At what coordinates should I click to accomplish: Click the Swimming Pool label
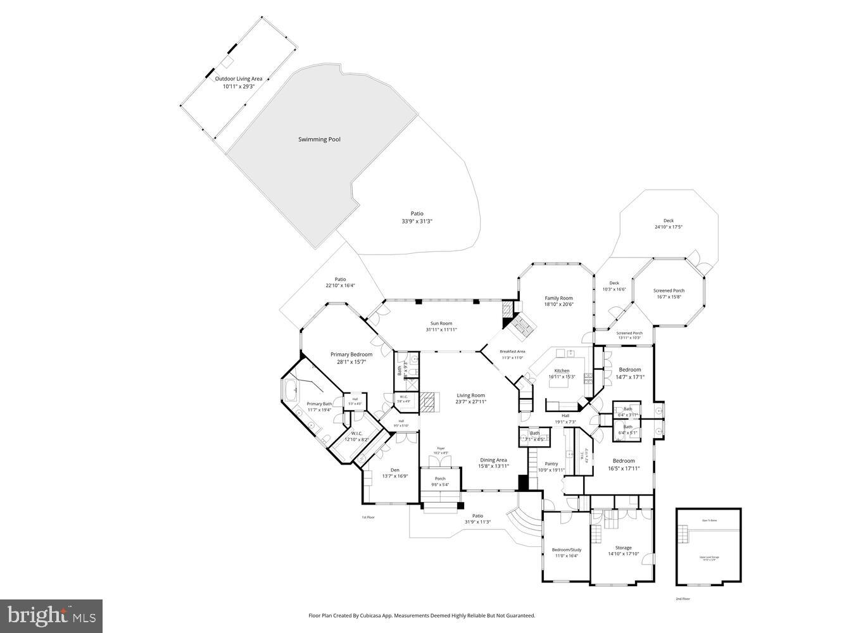319,139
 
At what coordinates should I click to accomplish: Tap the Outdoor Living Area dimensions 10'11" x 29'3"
238,87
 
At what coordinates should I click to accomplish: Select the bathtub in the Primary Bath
291,392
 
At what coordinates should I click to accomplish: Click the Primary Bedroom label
351,354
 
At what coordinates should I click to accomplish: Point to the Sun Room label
441,323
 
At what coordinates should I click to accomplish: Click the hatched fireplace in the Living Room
429,402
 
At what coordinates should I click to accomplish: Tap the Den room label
394,470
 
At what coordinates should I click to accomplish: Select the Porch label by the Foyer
440,479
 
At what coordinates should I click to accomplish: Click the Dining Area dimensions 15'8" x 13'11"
493,467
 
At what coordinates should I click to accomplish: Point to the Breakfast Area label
512,351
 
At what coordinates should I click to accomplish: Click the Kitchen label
562,371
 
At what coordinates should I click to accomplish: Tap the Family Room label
558,298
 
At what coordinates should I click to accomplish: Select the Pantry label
551,464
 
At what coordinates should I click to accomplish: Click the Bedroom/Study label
567,549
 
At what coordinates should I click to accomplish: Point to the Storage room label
623,548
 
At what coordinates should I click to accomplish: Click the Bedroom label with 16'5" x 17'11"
623,461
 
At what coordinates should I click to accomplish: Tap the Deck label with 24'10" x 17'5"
669,221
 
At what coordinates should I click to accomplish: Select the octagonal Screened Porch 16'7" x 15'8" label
669,291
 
